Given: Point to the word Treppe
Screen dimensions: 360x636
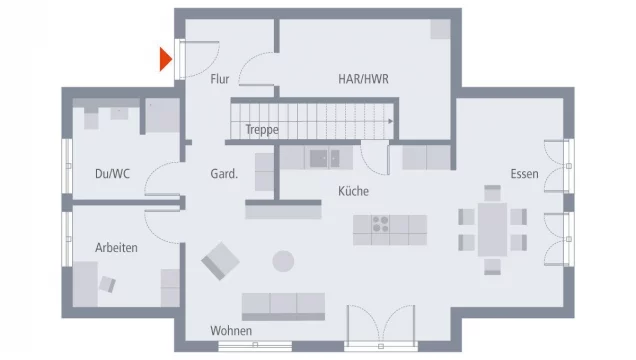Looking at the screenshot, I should (x=261, y=129).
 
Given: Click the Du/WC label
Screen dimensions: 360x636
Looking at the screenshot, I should (x=112, y=173).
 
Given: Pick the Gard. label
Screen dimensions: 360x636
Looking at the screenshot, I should (x=223, y=174).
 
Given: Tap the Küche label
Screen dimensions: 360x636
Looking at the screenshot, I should (x=354, y=191).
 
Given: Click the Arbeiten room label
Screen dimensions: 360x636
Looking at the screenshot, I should (x=116, y=247).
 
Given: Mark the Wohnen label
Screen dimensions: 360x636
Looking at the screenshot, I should (x=231, y=331).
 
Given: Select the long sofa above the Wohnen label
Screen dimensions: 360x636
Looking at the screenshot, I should (x=283, y=306).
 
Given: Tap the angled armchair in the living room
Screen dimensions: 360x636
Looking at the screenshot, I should (x=220, y=262).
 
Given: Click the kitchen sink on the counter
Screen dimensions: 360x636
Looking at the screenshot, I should (x=320, y=157).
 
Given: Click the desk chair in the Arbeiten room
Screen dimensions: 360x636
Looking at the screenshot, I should (x=106, y=284).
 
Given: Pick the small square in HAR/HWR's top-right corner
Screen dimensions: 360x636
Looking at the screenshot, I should (x=440, y=29).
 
